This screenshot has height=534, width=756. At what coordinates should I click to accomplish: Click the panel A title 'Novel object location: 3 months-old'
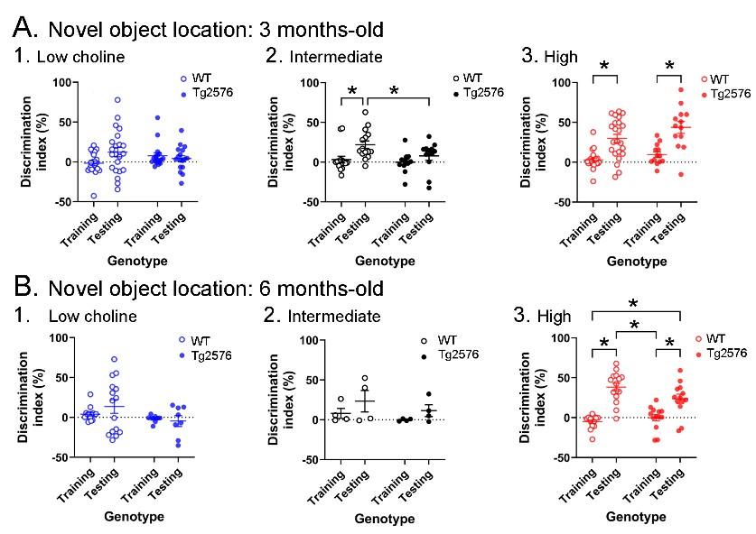click(216, 28)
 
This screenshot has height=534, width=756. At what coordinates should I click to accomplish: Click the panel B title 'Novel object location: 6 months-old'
click(216, 288)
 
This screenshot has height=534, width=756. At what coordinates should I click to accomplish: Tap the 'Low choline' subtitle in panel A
click(80, 58)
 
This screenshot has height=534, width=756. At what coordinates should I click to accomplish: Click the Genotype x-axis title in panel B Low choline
click(133, 517)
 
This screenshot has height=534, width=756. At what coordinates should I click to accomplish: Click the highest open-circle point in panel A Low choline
click(117, 100)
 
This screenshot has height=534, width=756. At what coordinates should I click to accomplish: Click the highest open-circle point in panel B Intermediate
click(366, 379)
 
